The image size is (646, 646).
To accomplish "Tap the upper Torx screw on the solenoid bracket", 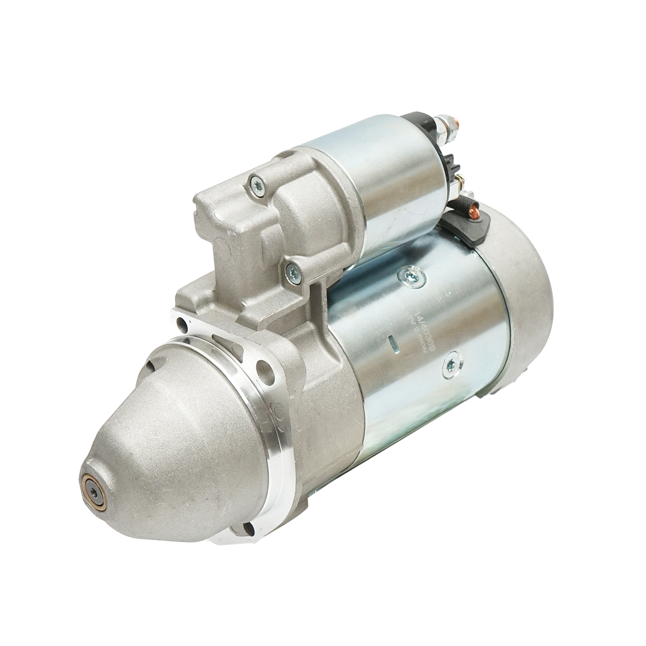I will (256, 185).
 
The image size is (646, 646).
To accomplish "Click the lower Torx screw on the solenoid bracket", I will (292, 269).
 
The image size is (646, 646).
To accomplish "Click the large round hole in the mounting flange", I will (264, 371).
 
